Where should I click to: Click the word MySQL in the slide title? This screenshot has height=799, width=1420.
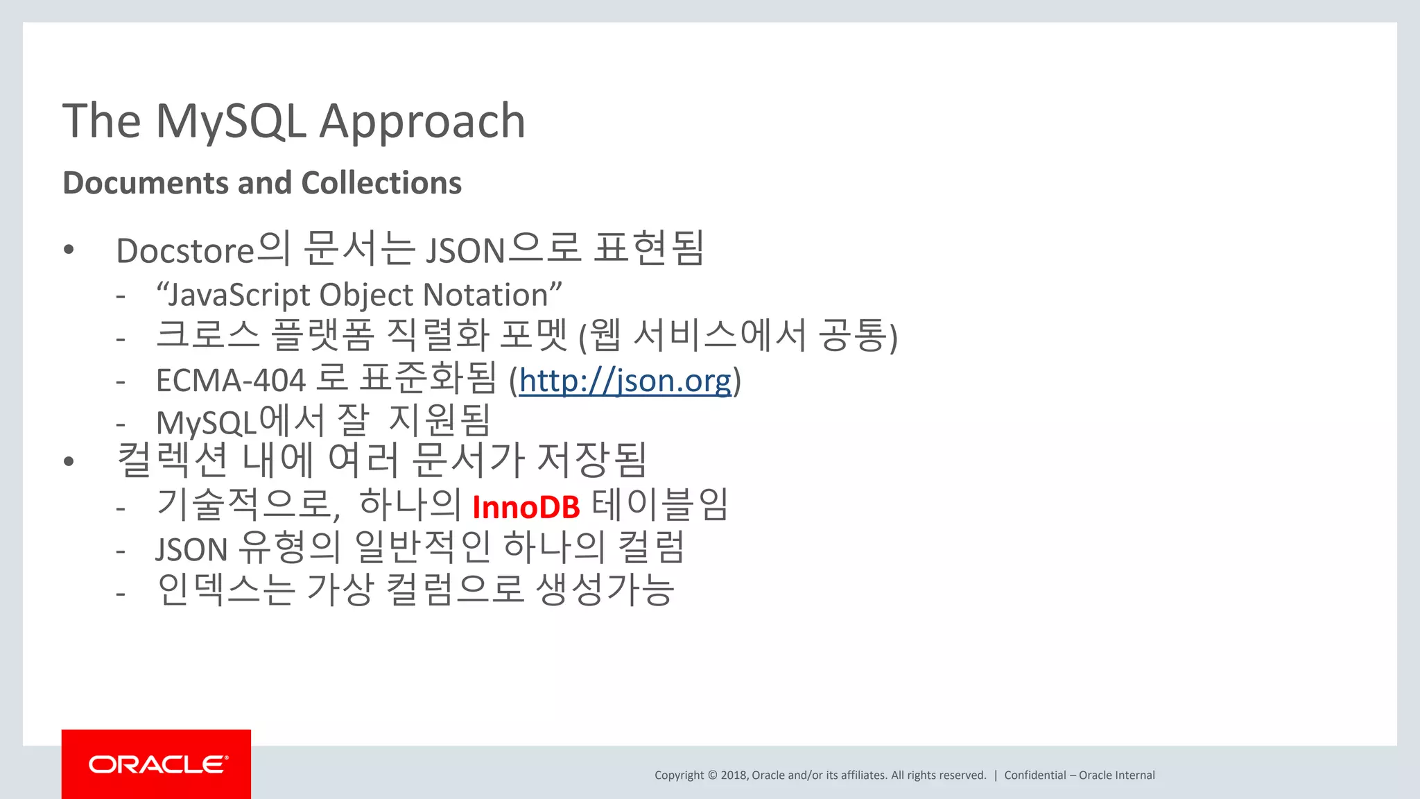pos(231,122)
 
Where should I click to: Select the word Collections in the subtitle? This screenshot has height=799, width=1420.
pos(381,183)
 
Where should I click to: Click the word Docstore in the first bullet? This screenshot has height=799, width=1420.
pos(186,251)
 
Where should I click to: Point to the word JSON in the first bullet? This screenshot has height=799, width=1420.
pos(465,251)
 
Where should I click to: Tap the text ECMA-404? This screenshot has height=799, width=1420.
pos(230,381)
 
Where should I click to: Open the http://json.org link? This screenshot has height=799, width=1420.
pos(625,381)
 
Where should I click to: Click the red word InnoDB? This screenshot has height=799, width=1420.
pos(526,508)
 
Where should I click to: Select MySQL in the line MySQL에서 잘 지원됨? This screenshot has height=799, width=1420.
pos(206,423)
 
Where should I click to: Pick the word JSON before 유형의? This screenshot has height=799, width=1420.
pos(191,550)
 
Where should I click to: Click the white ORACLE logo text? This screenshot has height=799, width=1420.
pos(157,764)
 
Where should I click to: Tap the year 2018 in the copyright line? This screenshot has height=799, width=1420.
pos(734,775)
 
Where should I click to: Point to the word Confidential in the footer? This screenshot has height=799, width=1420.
pos(1034,775)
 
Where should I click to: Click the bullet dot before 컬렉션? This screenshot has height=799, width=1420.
pos(68,462)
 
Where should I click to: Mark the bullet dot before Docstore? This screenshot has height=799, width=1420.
pos(68,250)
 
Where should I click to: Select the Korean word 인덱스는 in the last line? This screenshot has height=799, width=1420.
pos(226,590)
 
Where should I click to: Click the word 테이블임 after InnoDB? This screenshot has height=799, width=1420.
pos(659,506)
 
